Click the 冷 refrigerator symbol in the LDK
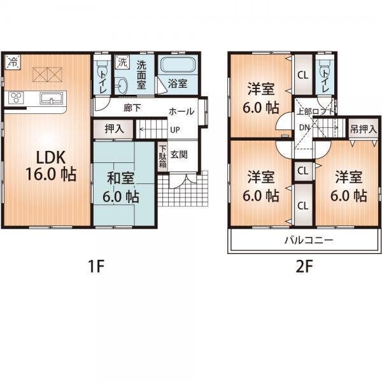[x=13, y=62]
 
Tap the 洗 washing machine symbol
[x=121, y=64]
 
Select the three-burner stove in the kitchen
[x=15, y=98]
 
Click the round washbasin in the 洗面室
[x=122, y=85]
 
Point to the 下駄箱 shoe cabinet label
[x=162, y=153]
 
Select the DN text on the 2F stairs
[x=304, y=127]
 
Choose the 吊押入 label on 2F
[x=363, y=128]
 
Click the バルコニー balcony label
[x=308, y=241]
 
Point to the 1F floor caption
[x=96, y=267]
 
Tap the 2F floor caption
[x=304, y=267]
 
